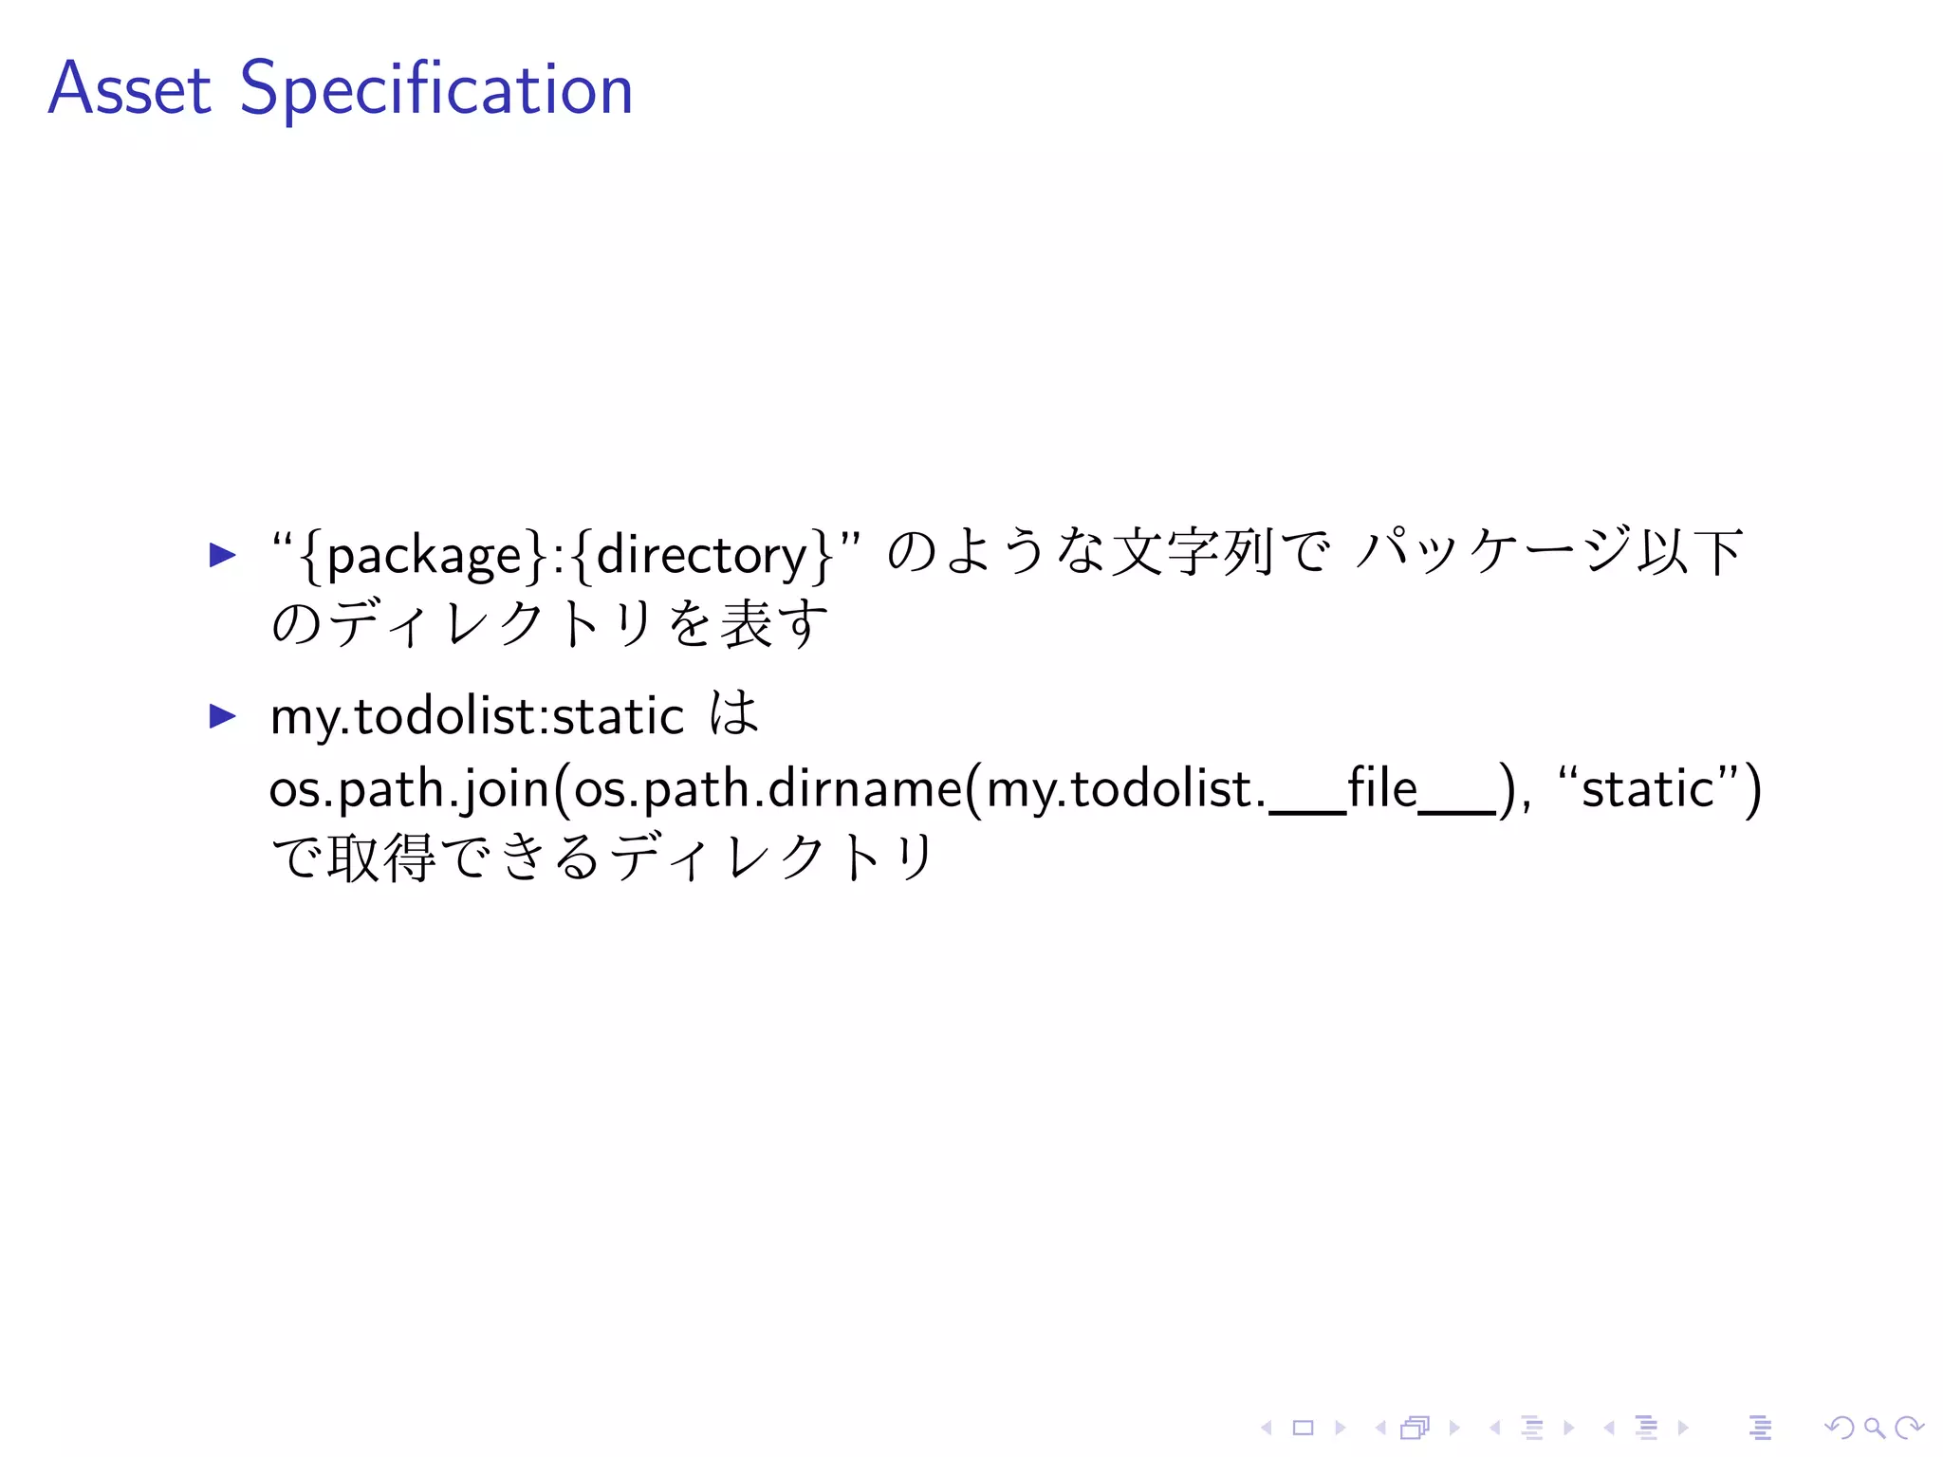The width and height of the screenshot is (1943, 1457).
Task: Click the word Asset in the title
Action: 129,89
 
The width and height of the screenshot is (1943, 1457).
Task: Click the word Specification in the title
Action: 436,89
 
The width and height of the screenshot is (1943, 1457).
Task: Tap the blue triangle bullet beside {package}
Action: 222,554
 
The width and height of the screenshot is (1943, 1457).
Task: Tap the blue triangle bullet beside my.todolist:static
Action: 222,715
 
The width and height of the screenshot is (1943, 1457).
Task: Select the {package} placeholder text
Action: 421,555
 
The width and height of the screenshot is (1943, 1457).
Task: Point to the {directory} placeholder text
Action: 702,555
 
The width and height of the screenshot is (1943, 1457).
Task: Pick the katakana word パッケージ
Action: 1493,552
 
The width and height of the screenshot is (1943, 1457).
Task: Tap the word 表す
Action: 774,624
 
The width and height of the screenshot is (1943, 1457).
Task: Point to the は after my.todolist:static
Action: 734,714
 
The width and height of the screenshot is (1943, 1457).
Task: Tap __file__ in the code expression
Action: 1383,789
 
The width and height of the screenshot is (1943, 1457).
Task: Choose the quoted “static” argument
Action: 1648,789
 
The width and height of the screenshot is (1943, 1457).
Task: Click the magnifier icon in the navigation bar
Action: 1874,1428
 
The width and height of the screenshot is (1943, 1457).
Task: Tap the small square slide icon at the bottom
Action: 1303,1428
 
